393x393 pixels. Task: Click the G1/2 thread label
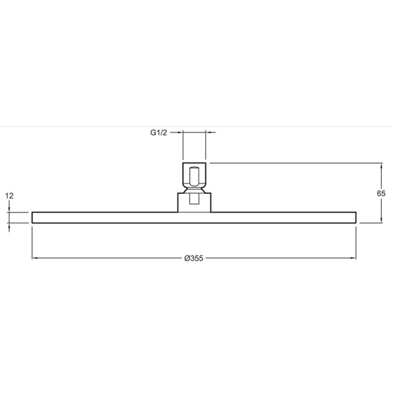coord(159,132)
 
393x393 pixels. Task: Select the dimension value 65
coord(381,193)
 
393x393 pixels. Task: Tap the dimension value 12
coord(9,196)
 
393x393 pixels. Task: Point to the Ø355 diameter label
coord(194,258)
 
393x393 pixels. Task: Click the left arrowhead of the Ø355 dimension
coord(35,258)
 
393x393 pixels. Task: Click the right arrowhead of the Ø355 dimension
coord(353,258)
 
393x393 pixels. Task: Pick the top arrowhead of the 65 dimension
coord(381,166)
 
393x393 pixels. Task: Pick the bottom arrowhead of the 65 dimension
coord(381,220)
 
